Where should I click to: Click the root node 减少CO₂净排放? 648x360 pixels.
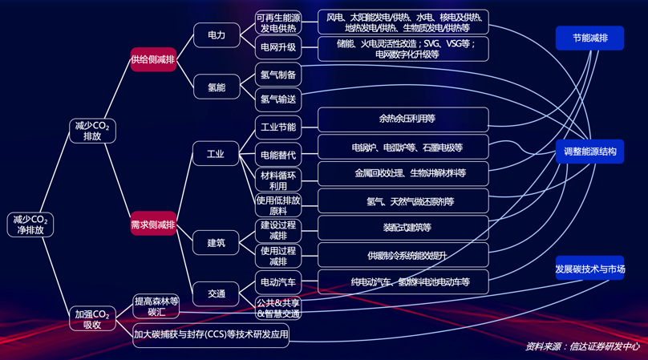[31, 224]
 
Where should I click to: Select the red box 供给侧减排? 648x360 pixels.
[153, 60]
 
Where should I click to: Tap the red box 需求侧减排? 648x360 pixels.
[153, 224]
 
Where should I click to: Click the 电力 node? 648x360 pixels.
[217, 35]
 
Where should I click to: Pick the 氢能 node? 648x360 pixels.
[217, 87]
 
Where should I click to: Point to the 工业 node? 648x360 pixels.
[216, 154]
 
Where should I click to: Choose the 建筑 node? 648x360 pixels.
[216, 242]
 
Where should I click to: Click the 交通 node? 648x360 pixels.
[217, 293]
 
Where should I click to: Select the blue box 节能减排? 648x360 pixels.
[589, 38]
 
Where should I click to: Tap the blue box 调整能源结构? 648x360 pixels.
[589, 151]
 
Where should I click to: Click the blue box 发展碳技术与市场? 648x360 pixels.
[589, 269]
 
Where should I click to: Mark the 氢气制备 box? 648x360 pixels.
[278, 75]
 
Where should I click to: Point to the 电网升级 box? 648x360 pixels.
[278, 47]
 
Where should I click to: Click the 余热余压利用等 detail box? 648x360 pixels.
[403, 119]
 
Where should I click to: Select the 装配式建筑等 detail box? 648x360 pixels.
[403, 228]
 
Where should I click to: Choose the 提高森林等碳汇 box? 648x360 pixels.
[156, 306]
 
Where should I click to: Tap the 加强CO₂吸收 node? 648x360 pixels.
[92, 319]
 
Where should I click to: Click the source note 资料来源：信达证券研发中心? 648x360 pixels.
[582, 346]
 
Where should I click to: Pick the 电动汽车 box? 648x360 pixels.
[278, 281]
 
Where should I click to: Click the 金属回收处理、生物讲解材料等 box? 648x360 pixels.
[403, 173]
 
